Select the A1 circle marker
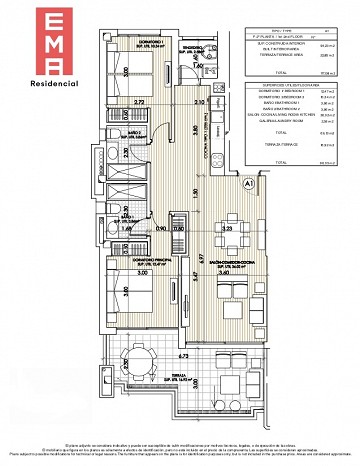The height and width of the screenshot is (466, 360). point(246,183)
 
